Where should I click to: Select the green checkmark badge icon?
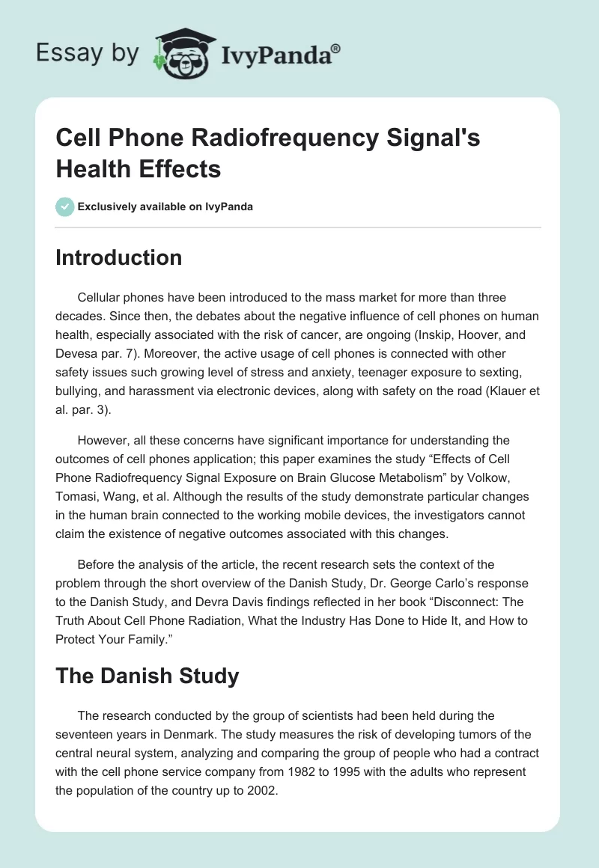pos(65,207)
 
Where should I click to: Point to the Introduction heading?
pos(119,257)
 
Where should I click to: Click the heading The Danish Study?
pos(148,676)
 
